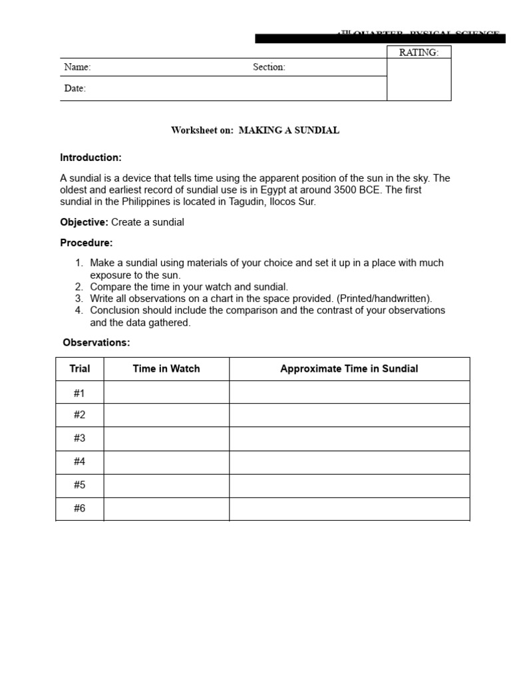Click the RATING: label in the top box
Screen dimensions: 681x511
[x=419, y=53]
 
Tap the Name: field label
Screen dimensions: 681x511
[x=77, y=67]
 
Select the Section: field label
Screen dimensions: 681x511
[x=269, y=67]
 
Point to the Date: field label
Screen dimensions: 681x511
[x=75, y=88]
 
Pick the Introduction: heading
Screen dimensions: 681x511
[x=90, y=158]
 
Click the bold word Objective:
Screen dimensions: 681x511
[x=84, y=222]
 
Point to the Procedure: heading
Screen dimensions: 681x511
[x=86, y=243]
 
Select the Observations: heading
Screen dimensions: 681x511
[x=96, y=342]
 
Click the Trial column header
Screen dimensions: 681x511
[x=80, y=368]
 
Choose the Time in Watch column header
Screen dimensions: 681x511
[x=166, y=368]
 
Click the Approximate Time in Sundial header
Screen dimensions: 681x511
[x=349, y=368]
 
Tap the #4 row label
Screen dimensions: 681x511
[x=80, y=462]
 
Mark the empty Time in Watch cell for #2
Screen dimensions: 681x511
[x=166, y=415]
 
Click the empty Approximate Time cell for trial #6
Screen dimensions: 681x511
[x=349, y=509]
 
